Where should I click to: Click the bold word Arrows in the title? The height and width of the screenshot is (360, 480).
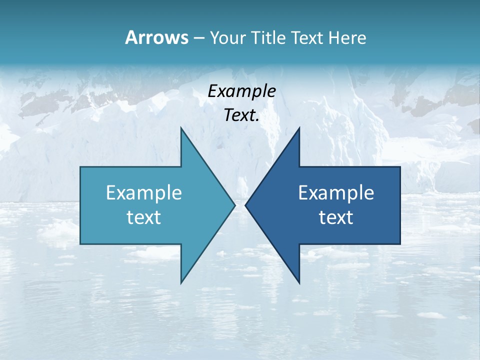156,37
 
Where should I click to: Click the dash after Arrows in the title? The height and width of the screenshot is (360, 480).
198,38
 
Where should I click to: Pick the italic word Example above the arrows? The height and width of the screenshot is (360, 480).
241,91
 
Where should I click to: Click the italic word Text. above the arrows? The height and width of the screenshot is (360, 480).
241,115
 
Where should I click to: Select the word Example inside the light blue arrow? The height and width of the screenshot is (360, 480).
144,192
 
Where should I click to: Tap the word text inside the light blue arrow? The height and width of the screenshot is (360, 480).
144,217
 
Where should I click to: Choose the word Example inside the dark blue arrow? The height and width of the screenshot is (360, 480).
336,192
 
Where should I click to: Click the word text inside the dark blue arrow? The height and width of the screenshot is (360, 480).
336,217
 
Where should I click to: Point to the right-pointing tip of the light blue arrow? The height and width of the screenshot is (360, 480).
235,205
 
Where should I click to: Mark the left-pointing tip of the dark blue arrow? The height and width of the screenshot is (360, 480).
245,205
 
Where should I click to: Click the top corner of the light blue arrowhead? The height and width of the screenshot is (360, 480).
181,127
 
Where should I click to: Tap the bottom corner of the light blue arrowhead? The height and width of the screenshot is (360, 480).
181,283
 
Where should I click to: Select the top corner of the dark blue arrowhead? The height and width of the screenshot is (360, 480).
299,127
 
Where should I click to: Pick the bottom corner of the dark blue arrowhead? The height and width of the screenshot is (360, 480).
299,283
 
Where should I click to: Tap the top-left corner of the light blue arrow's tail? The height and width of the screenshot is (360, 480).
80,167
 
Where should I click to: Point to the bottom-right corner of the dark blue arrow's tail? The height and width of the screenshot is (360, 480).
400,244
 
